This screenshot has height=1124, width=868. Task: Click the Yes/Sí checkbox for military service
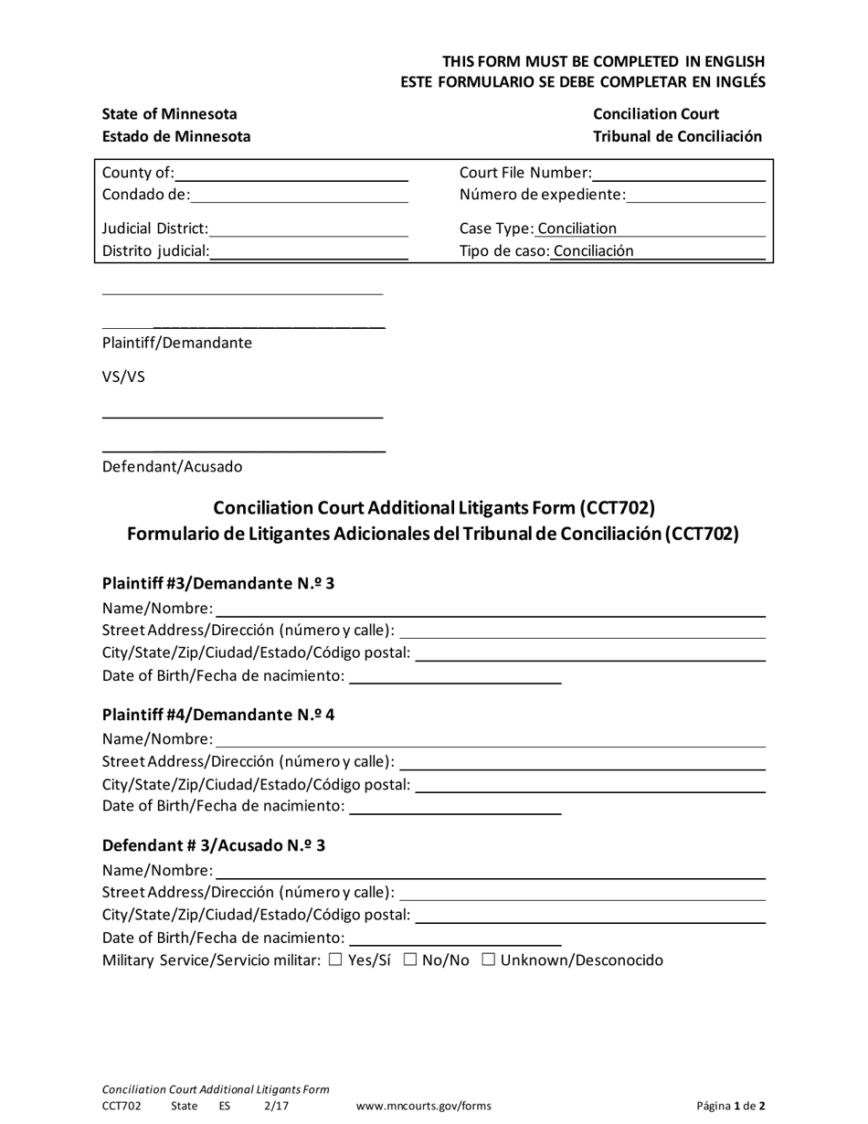(334, 960)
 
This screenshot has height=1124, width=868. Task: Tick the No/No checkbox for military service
(409, 960)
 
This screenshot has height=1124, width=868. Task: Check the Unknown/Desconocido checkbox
(488, 960)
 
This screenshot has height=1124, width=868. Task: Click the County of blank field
(291, 174)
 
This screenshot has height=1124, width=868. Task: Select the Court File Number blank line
(678, 174)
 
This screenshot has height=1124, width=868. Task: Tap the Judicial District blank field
(308, 229)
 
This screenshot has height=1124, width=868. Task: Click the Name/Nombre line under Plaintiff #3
(490, 610)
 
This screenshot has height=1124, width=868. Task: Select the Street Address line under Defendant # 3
(583, 892)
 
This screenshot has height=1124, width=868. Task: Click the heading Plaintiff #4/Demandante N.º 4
(218, 715)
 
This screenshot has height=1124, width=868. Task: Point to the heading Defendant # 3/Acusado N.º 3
(214, 845)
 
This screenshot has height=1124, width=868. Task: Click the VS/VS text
(123, 376)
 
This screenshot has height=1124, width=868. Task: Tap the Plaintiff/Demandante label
(177, 343)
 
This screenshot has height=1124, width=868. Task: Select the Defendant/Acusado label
(173, 467)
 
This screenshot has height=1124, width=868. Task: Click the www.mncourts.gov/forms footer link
(423, 1106)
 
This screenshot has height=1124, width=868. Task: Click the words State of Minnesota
(170, 114)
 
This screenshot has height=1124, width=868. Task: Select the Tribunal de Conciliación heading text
(677, 136)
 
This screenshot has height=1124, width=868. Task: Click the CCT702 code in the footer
(122, 1106)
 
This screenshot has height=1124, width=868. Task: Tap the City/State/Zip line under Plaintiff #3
(590, 654)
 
